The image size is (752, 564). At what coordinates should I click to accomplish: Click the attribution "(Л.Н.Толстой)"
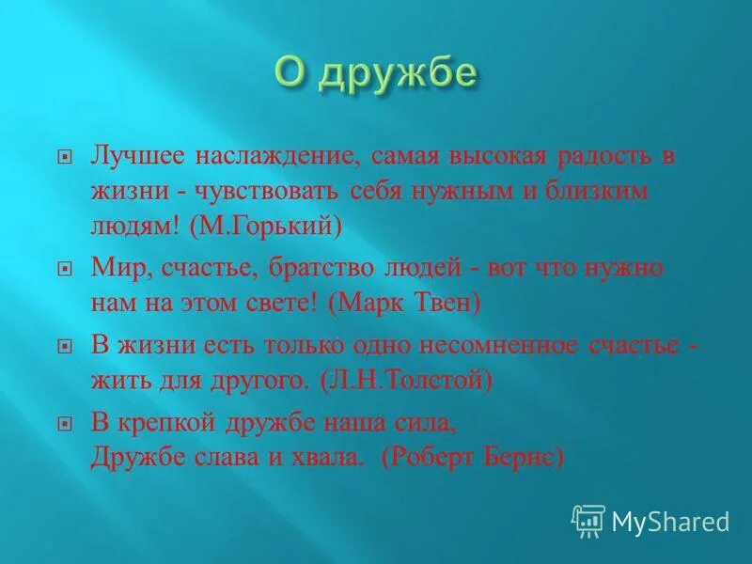406,379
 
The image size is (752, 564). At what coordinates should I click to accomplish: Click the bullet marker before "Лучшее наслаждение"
64,158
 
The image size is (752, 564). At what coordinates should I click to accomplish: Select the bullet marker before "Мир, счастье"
64,269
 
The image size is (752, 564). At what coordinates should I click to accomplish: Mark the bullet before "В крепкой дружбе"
64,424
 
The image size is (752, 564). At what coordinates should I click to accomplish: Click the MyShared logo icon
587,521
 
